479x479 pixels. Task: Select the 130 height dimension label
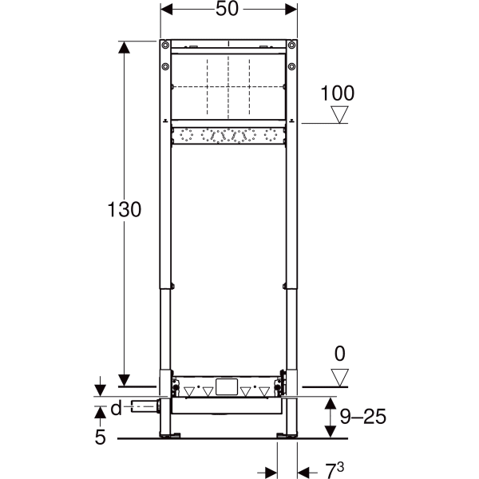point(125,210)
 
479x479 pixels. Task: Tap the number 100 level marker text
point(337,93)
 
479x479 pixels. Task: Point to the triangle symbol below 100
point(341,115)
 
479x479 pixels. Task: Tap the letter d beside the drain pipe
point(116,409)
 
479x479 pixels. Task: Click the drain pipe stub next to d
point(144,407)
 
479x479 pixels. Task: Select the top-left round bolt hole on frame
point(164,45)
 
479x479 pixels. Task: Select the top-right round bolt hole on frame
point(293,45)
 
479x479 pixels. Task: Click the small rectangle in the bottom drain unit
point(228,389)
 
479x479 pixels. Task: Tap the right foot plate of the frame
point(285,436)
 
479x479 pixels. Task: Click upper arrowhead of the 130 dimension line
point(124,48)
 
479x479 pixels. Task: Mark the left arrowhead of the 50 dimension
point(166,10)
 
